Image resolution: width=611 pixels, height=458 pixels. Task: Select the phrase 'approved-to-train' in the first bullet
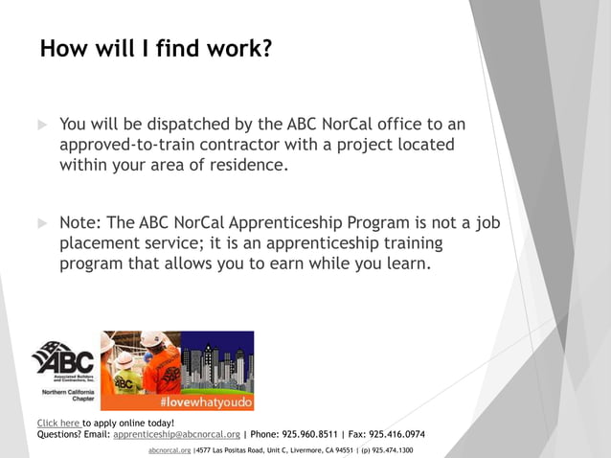coord(128,145)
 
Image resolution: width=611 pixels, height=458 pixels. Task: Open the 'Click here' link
coord(58,423)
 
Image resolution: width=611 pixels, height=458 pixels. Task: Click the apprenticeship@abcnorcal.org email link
coord(176,434)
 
